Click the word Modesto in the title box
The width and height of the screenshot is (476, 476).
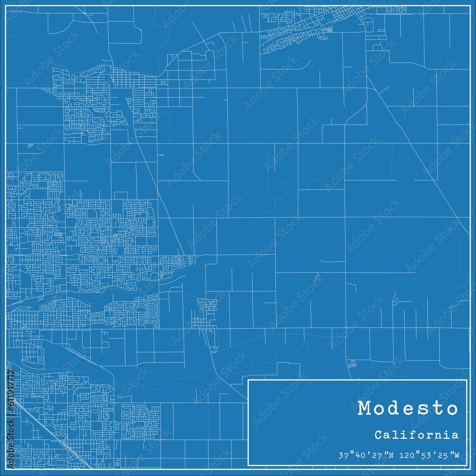click(x=408, y=408)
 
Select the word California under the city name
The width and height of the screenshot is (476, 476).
click(x=416, y=435)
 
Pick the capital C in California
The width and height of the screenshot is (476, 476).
click(x=378, y=435)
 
